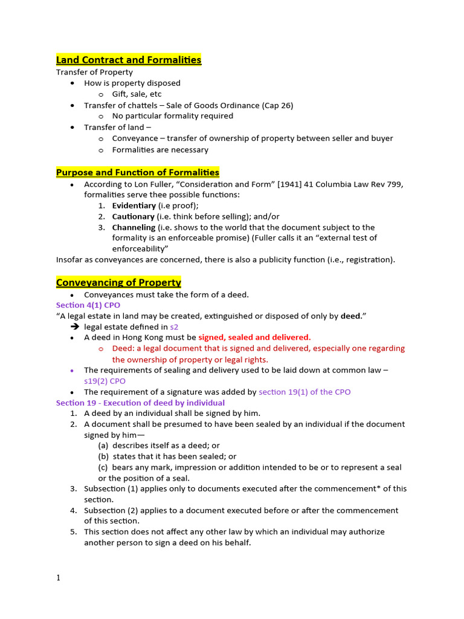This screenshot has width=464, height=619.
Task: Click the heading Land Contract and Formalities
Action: coord(129,59)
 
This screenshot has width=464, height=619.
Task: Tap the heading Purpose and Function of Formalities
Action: coord(138,172)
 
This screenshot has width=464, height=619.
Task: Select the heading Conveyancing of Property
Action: coord(118,282)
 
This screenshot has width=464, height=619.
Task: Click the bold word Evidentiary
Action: coord(134,206)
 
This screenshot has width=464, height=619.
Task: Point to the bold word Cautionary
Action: coord(133,216)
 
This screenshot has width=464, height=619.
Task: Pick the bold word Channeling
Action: coord(134,227)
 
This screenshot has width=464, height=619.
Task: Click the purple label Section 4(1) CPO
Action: coord(88,305)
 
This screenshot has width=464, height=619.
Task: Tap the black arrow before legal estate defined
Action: coord(75,327)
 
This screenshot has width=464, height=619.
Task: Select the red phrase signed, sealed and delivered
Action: coord(254,337)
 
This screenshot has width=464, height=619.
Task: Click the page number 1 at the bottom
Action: coord(59,578)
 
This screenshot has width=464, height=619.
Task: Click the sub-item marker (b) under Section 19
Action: coord(103,456)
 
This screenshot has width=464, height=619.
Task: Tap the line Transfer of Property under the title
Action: coord(94,72)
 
